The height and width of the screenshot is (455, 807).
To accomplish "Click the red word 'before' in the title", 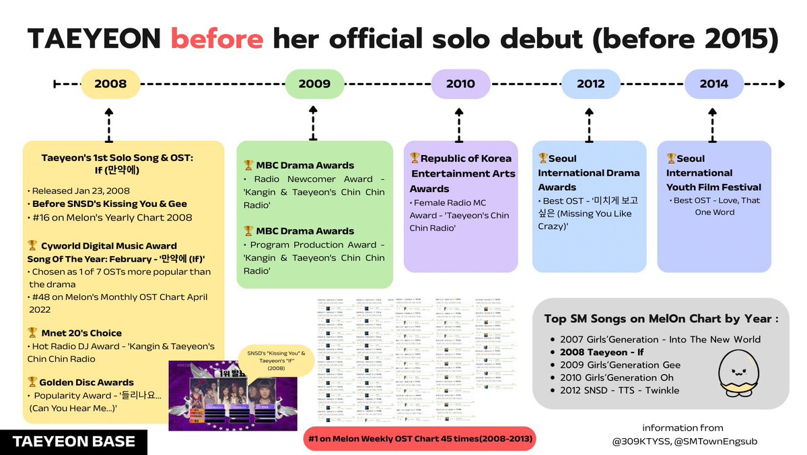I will click(x=217, y=39).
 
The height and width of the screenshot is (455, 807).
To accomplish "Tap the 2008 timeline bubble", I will click(x=110, y=84).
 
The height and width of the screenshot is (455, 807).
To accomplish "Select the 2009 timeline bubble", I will click(x=314, y=84).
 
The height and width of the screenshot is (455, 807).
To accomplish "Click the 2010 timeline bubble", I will click(x=460, y=84).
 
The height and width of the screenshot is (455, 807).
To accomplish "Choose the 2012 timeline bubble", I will click(x=590, y=84).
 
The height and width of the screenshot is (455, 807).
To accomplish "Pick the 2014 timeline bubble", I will click(x=713, y=84).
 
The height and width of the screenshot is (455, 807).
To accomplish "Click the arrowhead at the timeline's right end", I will click(x=781, y=84).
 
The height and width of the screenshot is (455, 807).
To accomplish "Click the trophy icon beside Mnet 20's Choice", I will click(x=32, y=332).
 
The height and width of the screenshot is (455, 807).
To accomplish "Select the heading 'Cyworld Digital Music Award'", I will click(x=108, y=246).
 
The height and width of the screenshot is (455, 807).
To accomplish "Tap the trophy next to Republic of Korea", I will click(x=415, y=158).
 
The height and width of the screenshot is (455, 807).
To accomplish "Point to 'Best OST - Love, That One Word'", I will click(x=715, y=206).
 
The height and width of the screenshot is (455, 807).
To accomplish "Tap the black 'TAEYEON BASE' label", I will click(x=74, y=442).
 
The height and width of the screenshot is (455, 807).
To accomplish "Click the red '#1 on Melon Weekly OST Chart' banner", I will click(x=419, y=439).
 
